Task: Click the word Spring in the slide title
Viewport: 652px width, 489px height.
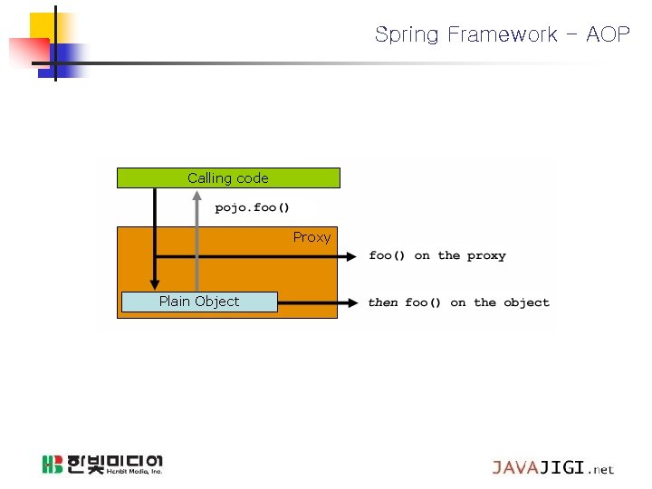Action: (405, 35)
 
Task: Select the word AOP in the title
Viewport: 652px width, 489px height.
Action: (608, 35)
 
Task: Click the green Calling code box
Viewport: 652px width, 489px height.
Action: (228, 178)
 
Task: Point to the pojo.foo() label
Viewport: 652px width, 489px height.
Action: (253, 208)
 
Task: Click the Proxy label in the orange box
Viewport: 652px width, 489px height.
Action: (312, 237)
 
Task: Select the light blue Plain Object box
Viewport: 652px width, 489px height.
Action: (199, 302)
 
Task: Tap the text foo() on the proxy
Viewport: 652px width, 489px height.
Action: (437, 256)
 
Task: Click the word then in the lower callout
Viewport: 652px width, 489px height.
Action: (383, 302)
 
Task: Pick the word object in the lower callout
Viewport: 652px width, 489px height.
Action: (526, 302)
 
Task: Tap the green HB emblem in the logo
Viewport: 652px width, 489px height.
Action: (53, 465)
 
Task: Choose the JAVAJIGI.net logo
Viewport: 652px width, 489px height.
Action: (552, 468)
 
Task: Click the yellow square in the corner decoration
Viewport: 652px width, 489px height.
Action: (41, 26)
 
